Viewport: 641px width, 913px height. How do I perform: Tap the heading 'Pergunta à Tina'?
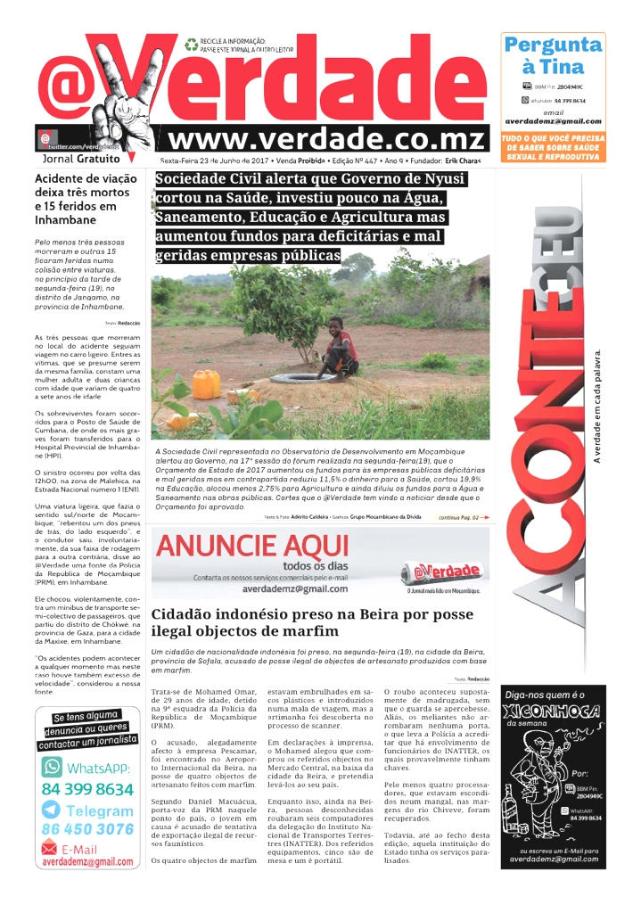point(553,55)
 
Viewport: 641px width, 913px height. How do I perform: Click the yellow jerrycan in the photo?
point(206,384)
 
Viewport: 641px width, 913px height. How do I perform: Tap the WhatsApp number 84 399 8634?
point(87,790)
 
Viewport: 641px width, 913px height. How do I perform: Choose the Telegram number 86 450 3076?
point(87,829)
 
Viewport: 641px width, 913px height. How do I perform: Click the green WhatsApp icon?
point(52,768)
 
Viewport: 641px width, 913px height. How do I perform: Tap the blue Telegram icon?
point(52,810)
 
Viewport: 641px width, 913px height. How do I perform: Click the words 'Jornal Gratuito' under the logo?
point(80,160)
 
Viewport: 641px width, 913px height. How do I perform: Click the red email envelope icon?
point(51,850)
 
